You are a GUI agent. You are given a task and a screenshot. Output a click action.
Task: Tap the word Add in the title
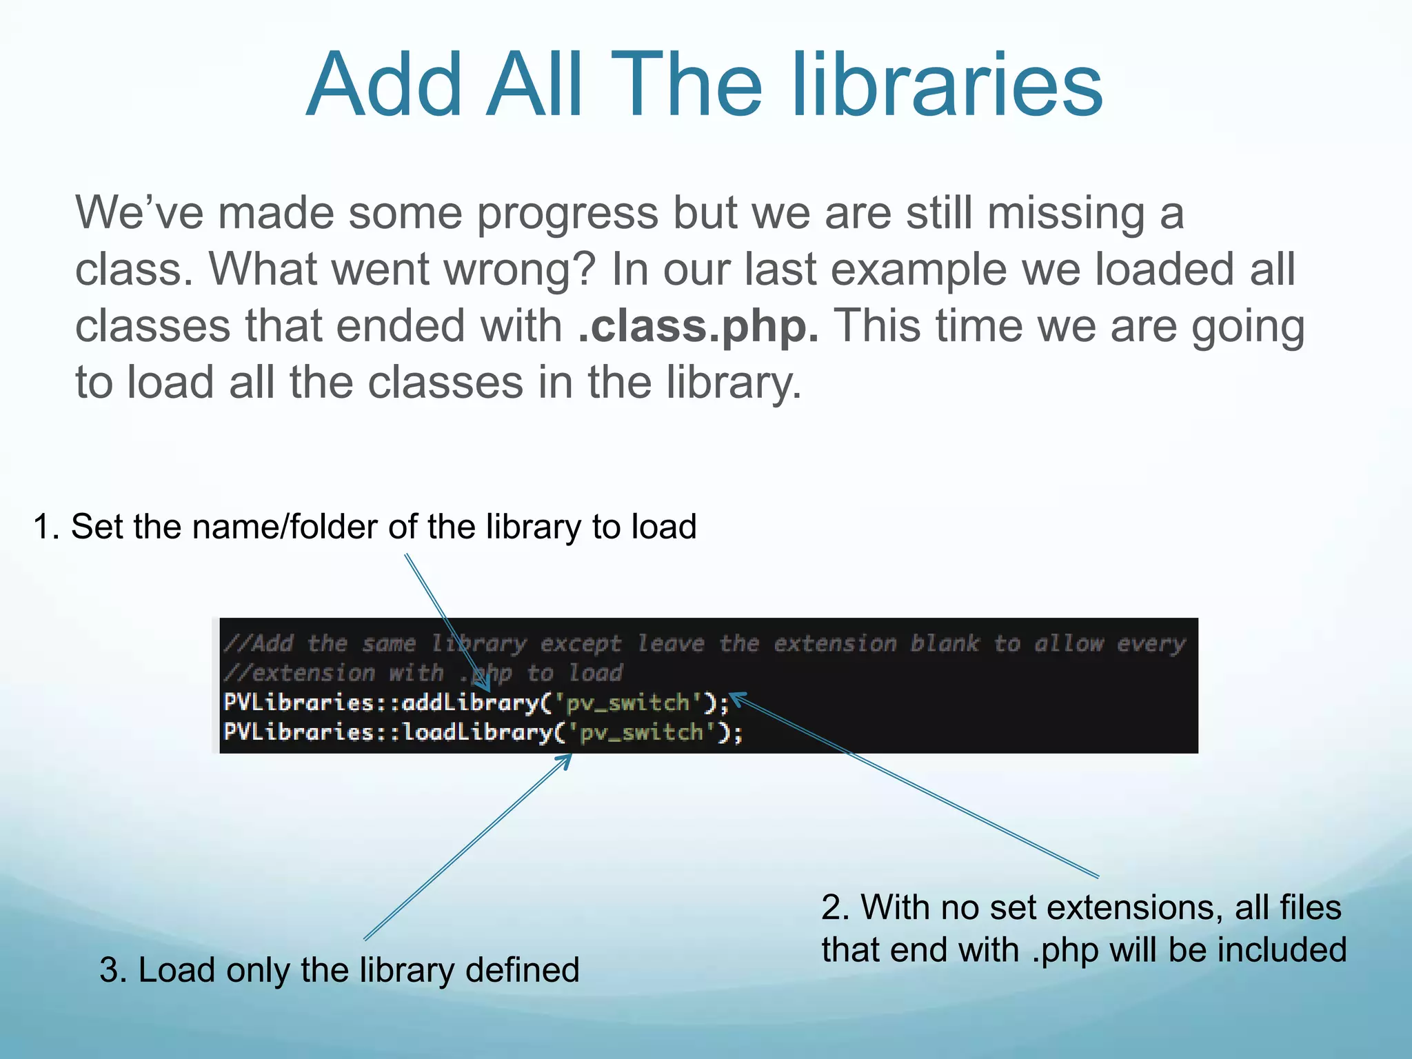[x=384, y=86]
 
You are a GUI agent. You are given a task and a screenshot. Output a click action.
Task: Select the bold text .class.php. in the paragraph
[x=698, y=326]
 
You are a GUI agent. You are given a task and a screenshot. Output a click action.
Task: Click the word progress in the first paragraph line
[x=567, y=213]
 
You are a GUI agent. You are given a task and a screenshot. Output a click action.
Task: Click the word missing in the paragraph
[x=1066, y=213]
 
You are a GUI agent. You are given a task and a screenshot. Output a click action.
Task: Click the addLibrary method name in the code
[x=470, y=703]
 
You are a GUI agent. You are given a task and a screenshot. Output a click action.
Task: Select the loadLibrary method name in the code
[x=477, y=732]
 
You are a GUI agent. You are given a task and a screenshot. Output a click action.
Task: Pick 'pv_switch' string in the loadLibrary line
[x=641, y=732]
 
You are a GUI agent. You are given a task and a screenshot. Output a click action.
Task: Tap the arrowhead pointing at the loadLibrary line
[x=567, y=759]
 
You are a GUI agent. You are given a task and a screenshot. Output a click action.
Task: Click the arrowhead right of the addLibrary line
[x=736, y=698]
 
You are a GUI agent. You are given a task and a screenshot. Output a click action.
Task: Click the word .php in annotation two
[x=1065, y=950]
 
